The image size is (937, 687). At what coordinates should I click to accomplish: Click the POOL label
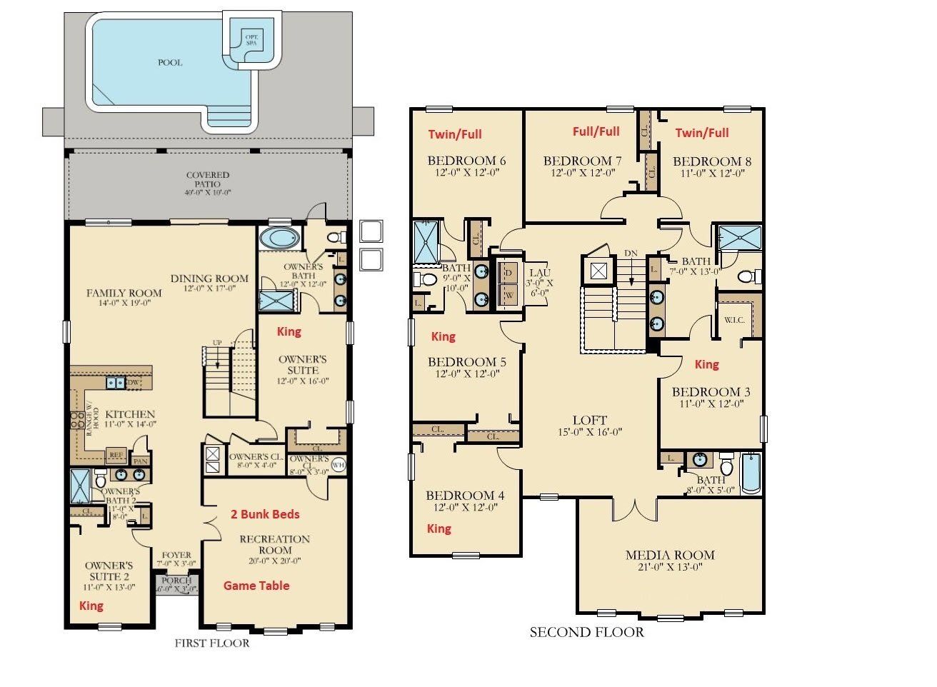pyautogui.click(x=170, y=62)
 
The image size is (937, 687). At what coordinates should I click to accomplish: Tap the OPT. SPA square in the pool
pyautogui.click(x=251, y=39)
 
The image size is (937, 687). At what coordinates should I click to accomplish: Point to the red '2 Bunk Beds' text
pyautogui.click(x=265, y=514)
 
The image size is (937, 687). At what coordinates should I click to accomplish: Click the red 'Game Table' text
pyautogui.click(x=256, y=586)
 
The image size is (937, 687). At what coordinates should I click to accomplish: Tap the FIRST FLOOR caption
pyautogui.click(x=212, y=643)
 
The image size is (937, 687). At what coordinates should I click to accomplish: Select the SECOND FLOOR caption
pyautogui.click(x=586, y=632)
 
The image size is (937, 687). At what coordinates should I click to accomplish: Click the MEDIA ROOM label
pyautogui.click(x=670, y=555)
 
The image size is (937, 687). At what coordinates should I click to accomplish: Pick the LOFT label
pyautogui.click(x=590, y=420)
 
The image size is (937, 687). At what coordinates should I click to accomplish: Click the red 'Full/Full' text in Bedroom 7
pyautogui.click(x=596, y=131)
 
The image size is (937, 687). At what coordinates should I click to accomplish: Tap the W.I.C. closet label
pyautogui.click(x=734, y=320)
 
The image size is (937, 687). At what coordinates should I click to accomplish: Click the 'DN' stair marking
pyautogui.click(x=631, y=254)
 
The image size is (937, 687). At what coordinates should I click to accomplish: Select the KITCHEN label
pyautogui.click(x=130, y=414)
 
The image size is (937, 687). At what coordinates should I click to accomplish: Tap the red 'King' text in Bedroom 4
pyautogui.click(x=439, y=528)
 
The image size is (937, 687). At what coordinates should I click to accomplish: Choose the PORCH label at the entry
pyautogui.click(x=176, y=581)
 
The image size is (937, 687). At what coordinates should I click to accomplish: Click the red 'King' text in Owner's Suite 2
pyautogui.click(x=91, y=606)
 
